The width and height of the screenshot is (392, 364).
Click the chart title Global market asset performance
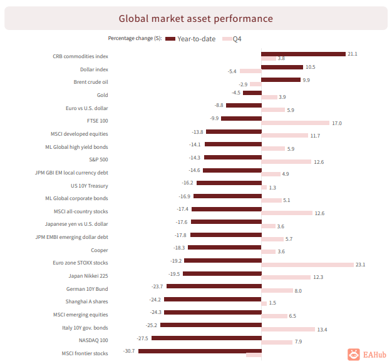(196, 19)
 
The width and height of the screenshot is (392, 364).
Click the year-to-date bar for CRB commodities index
(303, 54)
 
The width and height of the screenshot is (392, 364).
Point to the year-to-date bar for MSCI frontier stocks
(199, 351)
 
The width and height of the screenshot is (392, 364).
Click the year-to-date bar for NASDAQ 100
(206, 338)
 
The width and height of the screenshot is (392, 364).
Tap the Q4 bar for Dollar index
(250, 71)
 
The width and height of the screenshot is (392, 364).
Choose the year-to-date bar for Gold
(252, 93)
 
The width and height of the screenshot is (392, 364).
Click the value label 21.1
(352, 54)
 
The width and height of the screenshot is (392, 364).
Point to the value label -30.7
(129, 351)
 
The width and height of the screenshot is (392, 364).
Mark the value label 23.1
(360, 265)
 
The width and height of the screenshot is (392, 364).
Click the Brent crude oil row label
(91, 82)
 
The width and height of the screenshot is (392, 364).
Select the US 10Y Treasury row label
(90, 186)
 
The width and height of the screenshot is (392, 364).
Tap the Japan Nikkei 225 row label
(88, 276)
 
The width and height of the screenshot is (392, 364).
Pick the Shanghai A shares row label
(87, 302)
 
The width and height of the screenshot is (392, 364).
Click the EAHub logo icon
(354, 355)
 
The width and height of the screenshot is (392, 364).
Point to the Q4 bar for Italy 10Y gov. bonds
(288, 329)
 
